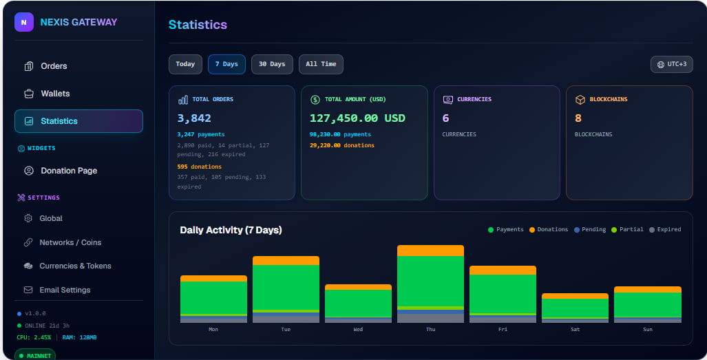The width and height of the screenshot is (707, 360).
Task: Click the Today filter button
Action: [x=185, y=64]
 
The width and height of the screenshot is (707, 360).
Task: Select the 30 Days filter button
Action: [x=272, y=64]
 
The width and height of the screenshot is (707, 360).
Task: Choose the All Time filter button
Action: [x=321, y=64]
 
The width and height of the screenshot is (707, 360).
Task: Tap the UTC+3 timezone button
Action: [x=671, y=64]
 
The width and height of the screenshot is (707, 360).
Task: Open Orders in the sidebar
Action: [x=54, y=66]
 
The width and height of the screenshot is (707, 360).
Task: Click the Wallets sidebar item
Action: [x=55, y=94]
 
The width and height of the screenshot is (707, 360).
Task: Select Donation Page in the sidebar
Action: [x=69, y=171]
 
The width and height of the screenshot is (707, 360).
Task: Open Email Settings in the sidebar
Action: [x=65, y=290]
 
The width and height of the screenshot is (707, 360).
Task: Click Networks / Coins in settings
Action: [x=70, y=242]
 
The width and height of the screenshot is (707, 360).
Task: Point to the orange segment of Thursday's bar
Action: [x=431, y=251]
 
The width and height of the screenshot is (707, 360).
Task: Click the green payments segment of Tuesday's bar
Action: [x=286, y=287]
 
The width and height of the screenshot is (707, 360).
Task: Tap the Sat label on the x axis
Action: [x=575, y=329]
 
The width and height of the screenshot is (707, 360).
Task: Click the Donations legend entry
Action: [x=548, y=229]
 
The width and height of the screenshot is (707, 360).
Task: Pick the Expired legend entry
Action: [x=665, y=229]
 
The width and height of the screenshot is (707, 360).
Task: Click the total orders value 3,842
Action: [x=194, y=118]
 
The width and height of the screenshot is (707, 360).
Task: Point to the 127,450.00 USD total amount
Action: [x=357, y=118]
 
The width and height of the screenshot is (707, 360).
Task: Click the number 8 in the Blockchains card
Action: [x=578, y=118]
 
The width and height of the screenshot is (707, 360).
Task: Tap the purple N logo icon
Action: [x=24, y=22]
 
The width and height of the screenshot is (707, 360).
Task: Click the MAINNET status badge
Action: [x=35, y=355]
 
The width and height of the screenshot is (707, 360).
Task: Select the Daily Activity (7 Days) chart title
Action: [x=231, y=230]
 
